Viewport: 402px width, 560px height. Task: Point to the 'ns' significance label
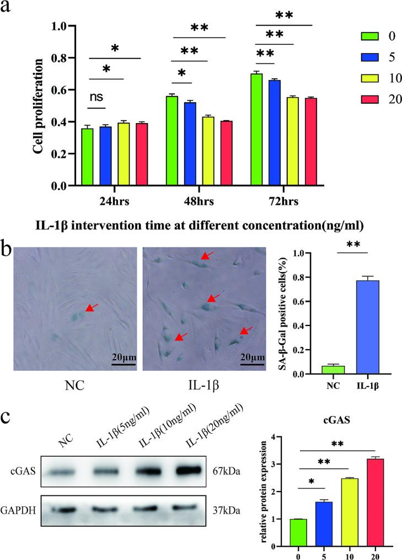pos(97,97)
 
